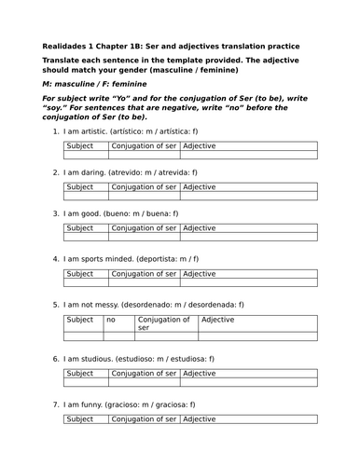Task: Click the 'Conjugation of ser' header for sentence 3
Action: pos(144,227)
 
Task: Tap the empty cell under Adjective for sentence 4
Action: pos(249,283)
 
